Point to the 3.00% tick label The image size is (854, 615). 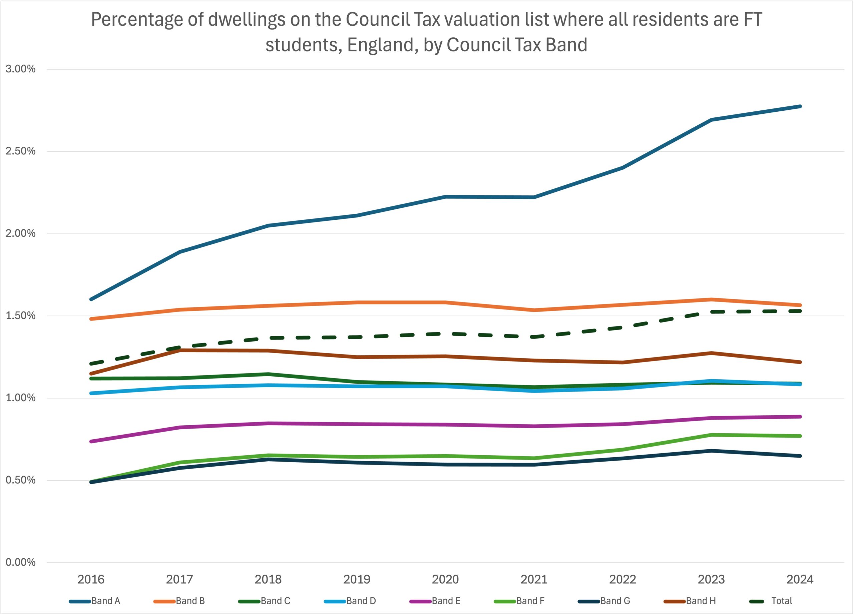point(20,69)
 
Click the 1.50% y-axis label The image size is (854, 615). point(20,316)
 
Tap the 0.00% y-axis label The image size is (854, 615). point(20,562)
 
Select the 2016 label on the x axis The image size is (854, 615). point(91,579)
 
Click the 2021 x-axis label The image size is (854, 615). point(534,579)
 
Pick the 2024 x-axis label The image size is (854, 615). point(800,579)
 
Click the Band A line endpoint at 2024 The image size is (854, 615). point(800,106)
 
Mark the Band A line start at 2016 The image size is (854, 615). point(91,299)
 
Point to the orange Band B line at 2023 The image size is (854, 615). point(711,299)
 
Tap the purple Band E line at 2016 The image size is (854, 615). point(91,441)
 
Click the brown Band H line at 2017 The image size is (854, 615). point(179,351)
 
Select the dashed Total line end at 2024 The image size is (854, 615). point(800,311)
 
